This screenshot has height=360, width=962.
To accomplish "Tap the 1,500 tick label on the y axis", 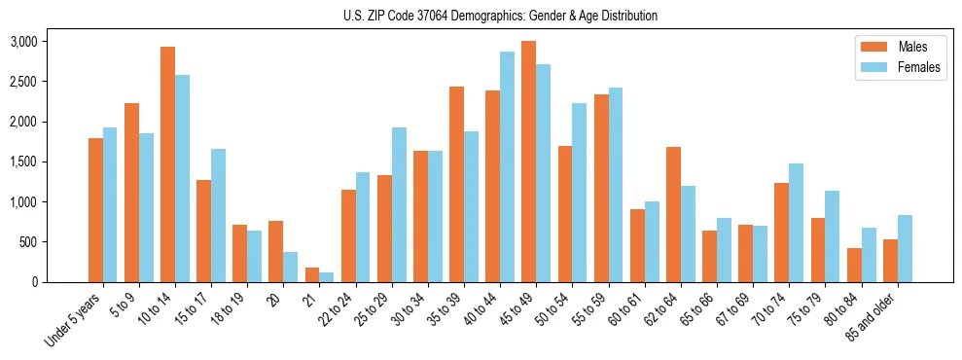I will [22, 162].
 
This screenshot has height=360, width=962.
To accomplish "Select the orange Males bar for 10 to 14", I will [167, 164].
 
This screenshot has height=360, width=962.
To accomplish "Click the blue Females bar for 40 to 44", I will [507, 166].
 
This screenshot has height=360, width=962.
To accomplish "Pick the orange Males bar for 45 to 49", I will [528, 162].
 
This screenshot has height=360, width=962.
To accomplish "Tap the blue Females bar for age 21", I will [327, 277].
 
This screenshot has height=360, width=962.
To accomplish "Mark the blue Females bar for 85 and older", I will [905, 248].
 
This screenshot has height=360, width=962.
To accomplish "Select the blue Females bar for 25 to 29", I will [399, 204].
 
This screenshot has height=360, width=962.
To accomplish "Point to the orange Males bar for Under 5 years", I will [95, 210].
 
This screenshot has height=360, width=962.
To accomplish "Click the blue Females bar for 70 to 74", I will [797, 223].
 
